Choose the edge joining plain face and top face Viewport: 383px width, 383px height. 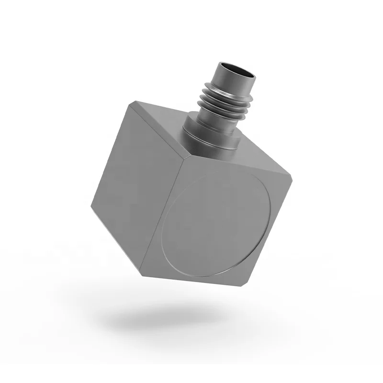tap(158, 129)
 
